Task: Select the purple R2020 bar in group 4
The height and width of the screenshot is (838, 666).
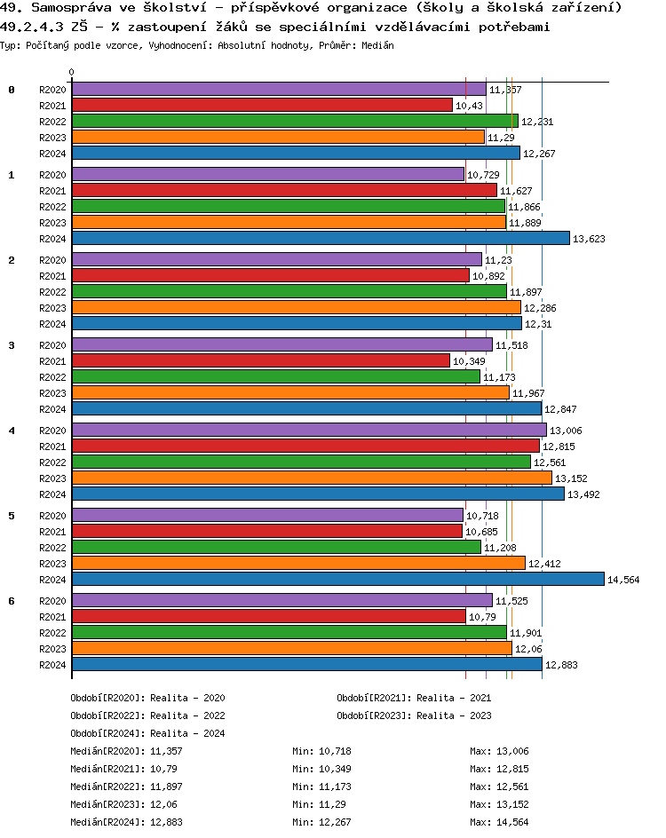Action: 308,430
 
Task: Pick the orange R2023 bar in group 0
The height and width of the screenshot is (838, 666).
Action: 278,137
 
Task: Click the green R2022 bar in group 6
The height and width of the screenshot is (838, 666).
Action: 289,632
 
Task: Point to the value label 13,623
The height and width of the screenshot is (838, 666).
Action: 589,239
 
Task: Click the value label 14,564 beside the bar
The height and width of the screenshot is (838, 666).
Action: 623,580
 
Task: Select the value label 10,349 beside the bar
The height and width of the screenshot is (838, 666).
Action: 469,361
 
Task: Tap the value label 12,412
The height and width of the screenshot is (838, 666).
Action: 545,564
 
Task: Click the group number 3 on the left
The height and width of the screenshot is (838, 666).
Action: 12,344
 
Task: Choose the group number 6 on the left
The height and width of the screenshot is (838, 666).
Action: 12,600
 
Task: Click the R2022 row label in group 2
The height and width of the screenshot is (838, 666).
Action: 53,292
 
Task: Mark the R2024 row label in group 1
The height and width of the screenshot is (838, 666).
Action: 53,239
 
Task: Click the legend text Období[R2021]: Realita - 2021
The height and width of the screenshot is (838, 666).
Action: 414,699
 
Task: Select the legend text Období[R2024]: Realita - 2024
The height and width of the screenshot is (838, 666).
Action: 147,733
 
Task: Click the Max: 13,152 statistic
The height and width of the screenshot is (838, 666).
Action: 499,803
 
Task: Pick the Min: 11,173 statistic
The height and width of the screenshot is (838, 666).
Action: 321,786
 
